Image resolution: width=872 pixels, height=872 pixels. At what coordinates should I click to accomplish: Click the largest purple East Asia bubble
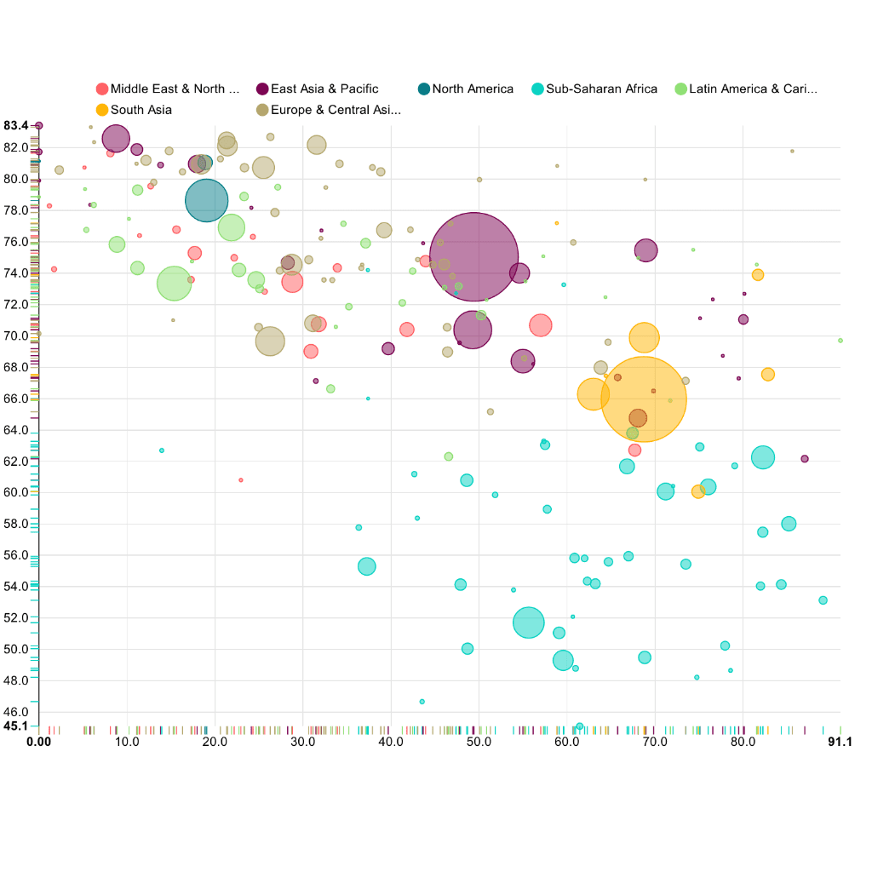click(474, 256)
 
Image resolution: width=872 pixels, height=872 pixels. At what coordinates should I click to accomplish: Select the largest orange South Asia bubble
click(644, 399)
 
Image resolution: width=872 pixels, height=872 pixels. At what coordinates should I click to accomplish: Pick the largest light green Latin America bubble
click(175, 284)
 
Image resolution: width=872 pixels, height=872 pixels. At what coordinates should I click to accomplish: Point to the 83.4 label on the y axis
click(15, 125)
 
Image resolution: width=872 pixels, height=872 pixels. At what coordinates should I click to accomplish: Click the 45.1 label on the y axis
click(15, 726)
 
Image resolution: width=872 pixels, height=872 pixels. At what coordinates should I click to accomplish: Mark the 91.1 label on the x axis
click(840, 743)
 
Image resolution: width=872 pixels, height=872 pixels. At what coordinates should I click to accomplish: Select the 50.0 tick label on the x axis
click(479, 743)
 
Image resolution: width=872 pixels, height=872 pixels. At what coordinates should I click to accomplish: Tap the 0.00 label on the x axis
click(39, 743)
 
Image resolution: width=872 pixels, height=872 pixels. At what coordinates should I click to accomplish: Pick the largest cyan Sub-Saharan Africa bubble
click(529, 622)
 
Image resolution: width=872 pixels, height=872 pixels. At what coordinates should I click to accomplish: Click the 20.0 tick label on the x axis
click(215, 743)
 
